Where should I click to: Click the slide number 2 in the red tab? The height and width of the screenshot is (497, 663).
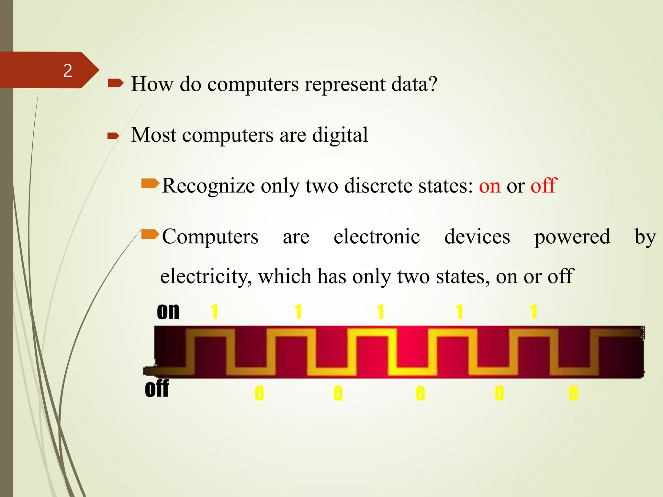[68, 71]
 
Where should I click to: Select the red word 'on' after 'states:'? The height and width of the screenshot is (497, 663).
[489, 186]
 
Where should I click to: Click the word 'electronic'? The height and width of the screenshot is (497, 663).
[376, 237]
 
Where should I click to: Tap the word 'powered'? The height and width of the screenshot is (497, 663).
[572, 237]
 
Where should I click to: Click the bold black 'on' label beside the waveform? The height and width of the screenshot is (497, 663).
[168, 312]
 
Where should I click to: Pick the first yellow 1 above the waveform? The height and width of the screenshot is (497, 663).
[214, 312]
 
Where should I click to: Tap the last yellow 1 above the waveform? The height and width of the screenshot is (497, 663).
[533, 312]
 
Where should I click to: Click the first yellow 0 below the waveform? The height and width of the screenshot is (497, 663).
[259, 393]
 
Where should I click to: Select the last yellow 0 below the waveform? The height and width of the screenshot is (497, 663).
[573, 393]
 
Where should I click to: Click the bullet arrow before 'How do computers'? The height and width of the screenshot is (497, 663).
[115, 84]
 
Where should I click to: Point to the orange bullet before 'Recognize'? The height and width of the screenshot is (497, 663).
[150, 184]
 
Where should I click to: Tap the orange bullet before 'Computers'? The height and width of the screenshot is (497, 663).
[150, 234]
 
